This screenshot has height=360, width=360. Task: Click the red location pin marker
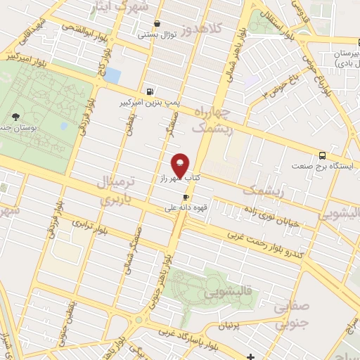click(180, 166)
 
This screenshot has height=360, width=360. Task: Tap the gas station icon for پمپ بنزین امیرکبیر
click(150, 91)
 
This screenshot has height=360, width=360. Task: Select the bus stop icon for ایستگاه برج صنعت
click(322, 155)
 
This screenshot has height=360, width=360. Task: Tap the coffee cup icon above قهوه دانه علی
click(186, 198)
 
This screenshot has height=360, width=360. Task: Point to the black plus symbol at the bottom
click(251, 356)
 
